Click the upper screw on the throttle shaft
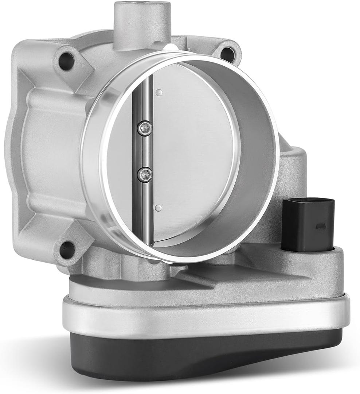144,128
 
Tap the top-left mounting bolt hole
66,61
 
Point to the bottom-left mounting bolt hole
66,249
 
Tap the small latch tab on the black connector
321,227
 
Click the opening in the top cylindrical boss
142,6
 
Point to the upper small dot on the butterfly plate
159,93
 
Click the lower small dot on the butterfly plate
158,208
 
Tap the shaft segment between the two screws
145,151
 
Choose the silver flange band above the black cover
204,314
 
